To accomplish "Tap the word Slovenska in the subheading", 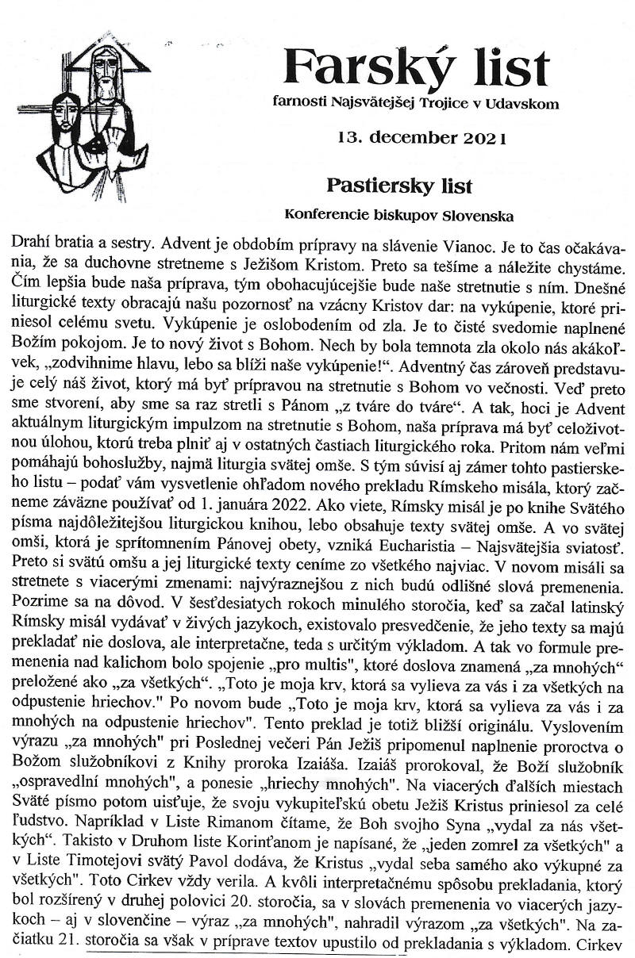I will [475, 215].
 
